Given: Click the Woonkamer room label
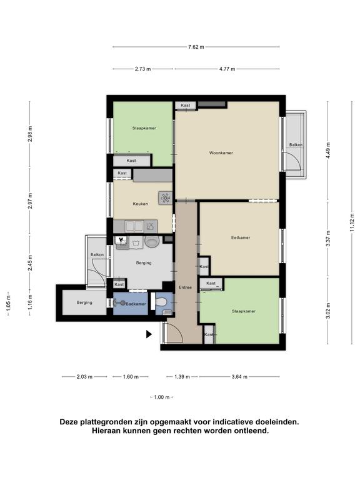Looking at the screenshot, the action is [x=221, y=152].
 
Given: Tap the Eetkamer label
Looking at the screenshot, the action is [x=241, y=237].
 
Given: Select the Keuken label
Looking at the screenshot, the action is [x=140, y=204].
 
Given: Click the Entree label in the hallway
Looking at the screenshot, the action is [x=185, y=287].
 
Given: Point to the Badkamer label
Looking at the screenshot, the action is [x=136, y=304].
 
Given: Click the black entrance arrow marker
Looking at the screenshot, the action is [x=149, y=334].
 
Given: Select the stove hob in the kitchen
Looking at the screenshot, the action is [x=165, y=198].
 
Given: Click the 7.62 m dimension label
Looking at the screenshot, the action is [x=196, y=47].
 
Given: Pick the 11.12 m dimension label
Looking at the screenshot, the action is [x=352, y=223].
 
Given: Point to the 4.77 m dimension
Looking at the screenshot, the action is [x=227, y=69].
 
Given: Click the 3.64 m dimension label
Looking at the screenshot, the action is [x=239, y=377].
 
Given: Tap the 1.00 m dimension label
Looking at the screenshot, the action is [x=162, y=397].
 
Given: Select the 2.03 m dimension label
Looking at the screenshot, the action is [x=84, y=377].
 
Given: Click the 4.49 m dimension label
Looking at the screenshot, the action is [x=328, y=151].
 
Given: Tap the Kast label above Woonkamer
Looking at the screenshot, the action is [x=185, y=105].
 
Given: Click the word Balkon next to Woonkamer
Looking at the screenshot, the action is [x=296, y=145].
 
